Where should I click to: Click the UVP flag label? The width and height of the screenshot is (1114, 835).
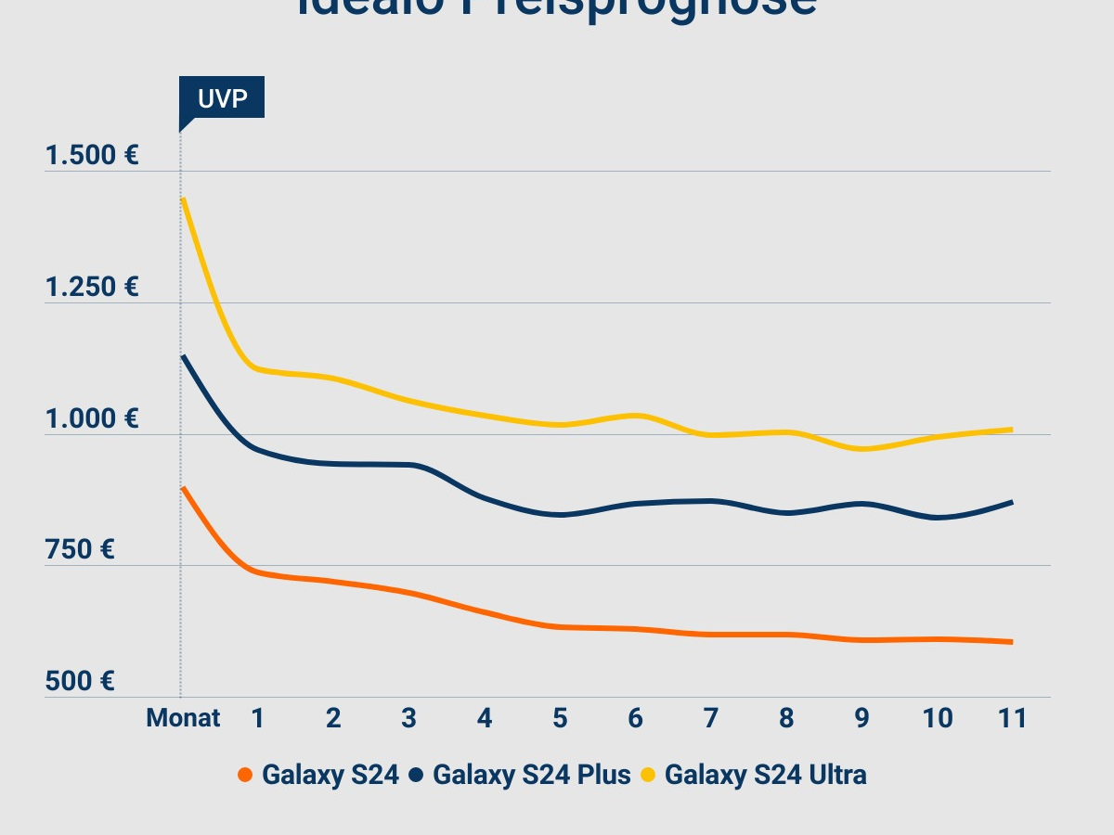[x=223, y=97]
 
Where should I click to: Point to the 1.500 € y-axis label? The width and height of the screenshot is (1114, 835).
[x=92, y=155]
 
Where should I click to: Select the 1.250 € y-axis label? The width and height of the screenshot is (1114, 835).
[x=92, y=288]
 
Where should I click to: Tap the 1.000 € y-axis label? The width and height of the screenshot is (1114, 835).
[x=92, y=419]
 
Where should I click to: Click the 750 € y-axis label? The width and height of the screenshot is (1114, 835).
[x=80, y=550]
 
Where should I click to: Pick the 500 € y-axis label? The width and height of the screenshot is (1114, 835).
[x=80, y=682]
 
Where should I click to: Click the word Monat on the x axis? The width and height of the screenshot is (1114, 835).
[x=183, y=718]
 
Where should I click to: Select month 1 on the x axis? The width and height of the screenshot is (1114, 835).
[x=258, y=718]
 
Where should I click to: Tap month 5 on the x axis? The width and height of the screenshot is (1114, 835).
[x=560, y=718]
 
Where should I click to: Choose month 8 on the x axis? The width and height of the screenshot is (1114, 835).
[x=786, y=718]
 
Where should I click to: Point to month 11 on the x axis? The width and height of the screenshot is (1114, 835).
[x=1012, y=718]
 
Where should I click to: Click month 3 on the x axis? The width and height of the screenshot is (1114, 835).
[x=408, y=718]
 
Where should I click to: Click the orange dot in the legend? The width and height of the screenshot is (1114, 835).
[x=245, y=775]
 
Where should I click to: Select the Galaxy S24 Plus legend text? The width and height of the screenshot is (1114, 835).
[x=531, y=775]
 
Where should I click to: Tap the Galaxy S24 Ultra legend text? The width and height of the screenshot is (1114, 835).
[x=765, y=775]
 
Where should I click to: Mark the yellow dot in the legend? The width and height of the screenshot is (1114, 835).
[x=648, y=775]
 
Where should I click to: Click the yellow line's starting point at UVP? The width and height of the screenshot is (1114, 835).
[x=184, y=199]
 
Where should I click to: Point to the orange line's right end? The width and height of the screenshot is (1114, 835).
[x=1010, y=641]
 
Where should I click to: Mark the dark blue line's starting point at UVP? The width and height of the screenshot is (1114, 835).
[x=183, y=356]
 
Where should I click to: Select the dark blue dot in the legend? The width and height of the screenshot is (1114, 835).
[x=416, y=775]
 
